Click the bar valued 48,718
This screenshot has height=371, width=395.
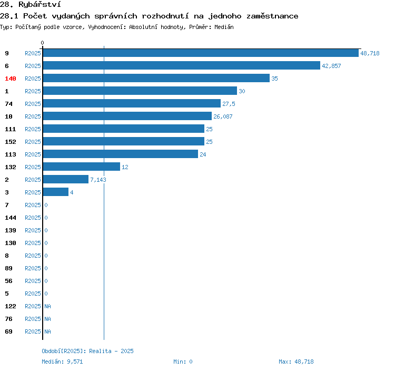(201, 53)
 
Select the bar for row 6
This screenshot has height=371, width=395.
(182, 65)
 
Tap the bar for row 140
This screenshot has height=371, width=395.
(156, 78)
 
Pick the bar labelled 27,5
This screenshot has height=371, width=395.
(132, 104)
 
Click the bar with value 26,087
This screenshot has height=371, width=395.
(127, 116)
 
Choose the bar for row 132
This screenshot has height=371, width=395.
(81, 167)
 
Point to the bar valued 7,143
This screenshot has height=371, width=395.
(66, 179)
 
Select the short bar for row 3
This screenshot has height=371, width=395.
(56, 192)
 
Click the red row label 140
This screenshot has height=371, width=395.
(11, 79)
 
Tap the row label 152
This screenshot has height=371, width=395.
(11, 142)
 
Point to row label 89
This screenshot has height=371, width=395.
(8, 268)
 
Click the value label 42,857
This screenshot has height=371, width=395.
(331, 66)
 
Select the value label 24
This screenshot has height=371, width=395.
(203, 154)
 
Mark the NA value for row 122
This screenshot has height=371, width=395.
(47, 306)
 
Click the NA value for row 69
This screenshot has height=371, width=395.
(47, 331)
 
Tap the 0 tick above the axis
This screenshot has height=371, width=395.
(42, 43)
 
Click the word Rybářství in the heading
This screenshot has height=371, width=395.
(39, 5)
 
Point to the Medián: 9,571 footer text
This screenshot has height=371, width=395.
(62, 362)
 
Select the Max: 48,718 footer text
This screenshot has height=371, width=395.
(296, 362)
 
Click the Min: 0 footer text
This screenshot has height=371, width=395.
(183, 362)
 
